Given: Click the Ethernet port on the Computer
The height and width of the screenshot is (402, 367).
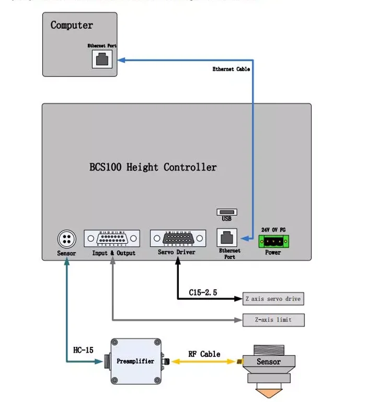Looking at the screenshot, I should [102, 59].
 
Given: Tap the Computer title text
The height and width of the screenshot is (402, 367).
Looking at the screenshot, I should [72, 25].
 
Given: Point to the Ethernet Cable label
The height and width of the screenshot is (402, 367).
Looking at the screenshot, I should [231, 69].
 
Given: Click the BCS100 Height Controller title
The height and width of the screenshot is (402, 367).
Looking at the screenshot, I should [153, 167].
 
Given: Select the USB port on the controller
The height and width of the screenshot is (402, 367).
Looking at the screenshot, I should [226, 213].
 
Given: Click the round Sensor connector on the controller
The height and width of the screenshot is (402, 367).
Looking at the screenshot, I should [66, 239].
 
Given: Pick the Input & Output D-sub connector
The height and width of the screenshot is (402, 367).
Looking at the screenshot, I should [112, 239].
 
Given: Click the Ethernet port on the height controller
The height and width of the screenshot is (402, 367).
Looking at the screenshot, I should [227, 238].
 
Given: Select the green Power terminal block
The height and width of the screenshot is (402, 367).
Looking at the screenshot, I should [273, 241].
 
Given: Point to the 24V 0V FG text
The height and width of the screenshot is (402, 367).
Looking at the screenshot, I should [273, 230].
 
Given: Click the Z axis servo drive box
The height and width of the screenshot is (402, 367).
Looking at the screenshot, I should [273, 299].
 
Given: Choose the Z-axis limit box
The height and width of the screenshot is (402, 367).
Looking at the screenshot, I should [273, 319].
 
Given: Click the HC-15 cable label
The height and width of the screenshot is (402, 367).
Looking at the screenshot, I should [83, 350].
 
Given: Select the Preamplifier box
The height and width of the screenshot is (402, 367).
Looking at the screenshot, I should [135, 361].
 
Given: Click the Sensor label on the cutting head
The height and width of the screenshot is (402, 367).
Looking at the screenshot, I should [269, 362].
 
